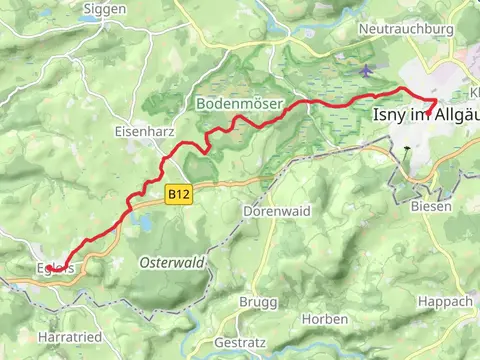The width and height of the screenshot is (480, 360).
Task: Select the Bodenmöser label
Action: click(x=239, y=104)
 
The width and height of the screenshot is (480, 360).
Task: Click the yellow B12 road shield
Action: click(x=179, y=190)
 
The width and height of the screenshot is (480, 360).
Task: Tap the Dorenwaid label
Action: click(x=273, y=211)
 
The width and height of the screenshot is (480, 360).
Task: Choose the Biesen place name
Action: click(x=431, y=205)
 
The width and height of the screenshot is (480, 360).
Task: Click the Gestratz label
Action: click(x=241, y=342)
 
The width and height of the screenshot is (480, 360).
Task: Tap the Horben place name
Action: click(x=325, y=319)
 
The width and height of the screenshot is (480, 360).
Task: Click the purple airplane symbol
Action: click(x=367, y=71)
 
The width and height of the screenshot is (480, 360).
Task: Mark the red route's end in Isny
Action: click(x=434, y=102)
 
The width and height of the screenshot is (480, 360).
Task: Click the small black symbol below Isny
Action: click(x=406, y=152)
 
